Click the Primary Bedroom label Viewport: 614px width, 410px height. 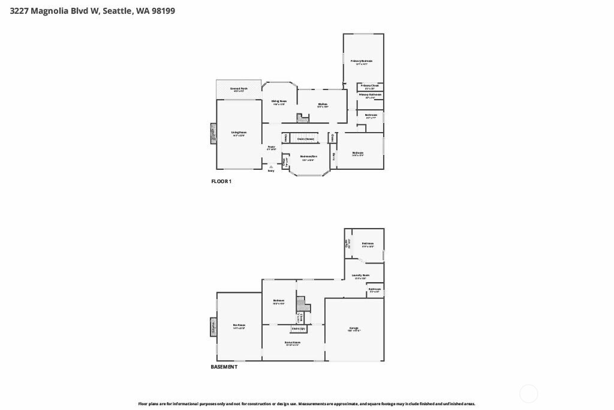click(362, 61)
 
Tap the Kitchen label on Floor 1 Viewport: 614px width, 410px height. click(323, 104)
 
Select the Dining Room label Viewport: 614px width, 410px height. click(279, 101)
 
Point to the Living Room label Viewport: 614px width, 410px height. click(239, 133)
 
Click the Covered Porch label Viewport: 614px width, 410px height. click(239, 89)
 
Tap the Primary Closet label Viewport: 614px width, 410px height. click(370, 86)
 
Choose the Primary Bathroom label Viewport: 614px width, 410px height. click(370, 95)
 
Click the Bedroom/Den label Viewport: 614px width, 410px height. click(309, 157)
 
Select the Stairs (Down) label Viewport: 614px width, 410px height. click(305, 139)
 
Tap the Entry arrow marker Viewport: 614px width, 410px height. click(271, 167)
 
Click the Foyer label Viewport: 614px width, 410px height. click(271, 146)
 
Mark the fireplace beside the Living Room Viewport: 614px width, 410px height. click(213, 134)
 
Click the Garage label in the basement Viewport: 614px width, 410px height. click(354, 328)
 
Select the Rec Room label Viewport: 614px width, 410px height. click(239, 325)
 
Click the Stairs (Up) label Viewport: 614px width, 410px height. click(299, 328)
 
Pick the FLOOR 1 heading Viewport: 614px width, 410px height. click(221, 181)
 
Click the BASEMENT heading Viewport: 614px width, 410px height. click(224, 367)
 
